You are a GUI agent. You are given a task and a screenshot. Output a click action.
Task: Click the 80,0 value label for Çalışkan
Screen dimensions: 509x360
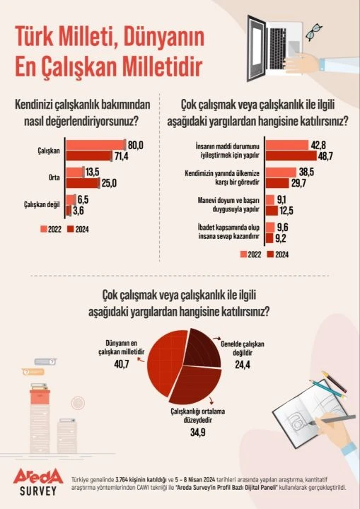click(136, 144)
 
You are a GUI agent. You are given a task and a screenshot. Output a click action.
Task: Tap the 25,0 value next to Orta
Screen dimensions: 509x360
click(107, 184)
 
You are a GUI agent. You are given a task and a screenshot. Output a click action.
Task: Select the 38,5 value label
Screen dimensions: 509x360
click(307, 172)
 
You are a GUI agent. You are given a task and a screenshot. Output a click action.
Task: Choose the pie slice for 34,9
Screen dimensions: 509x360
click(184, 385)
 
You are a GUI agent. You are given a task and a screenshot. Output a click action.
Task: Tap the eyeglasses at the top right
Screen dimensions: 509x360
click(314, 31)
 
